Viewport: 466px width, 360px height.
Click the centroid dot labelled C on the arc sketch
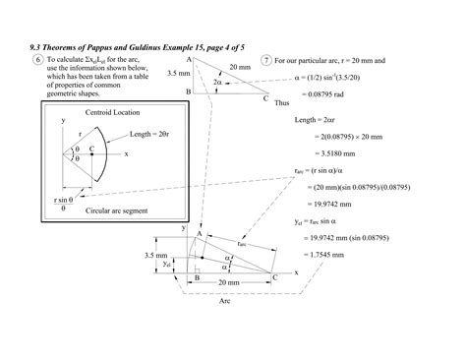(x=91, y=153)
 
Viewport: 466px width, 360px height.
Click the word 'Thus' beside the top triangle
(x=281, y=102)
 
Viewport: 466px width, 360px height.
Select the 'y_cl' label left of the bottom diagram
(x=169, y=263)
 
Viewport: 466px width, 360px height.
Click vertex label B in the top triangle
(x=187, y=91)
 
